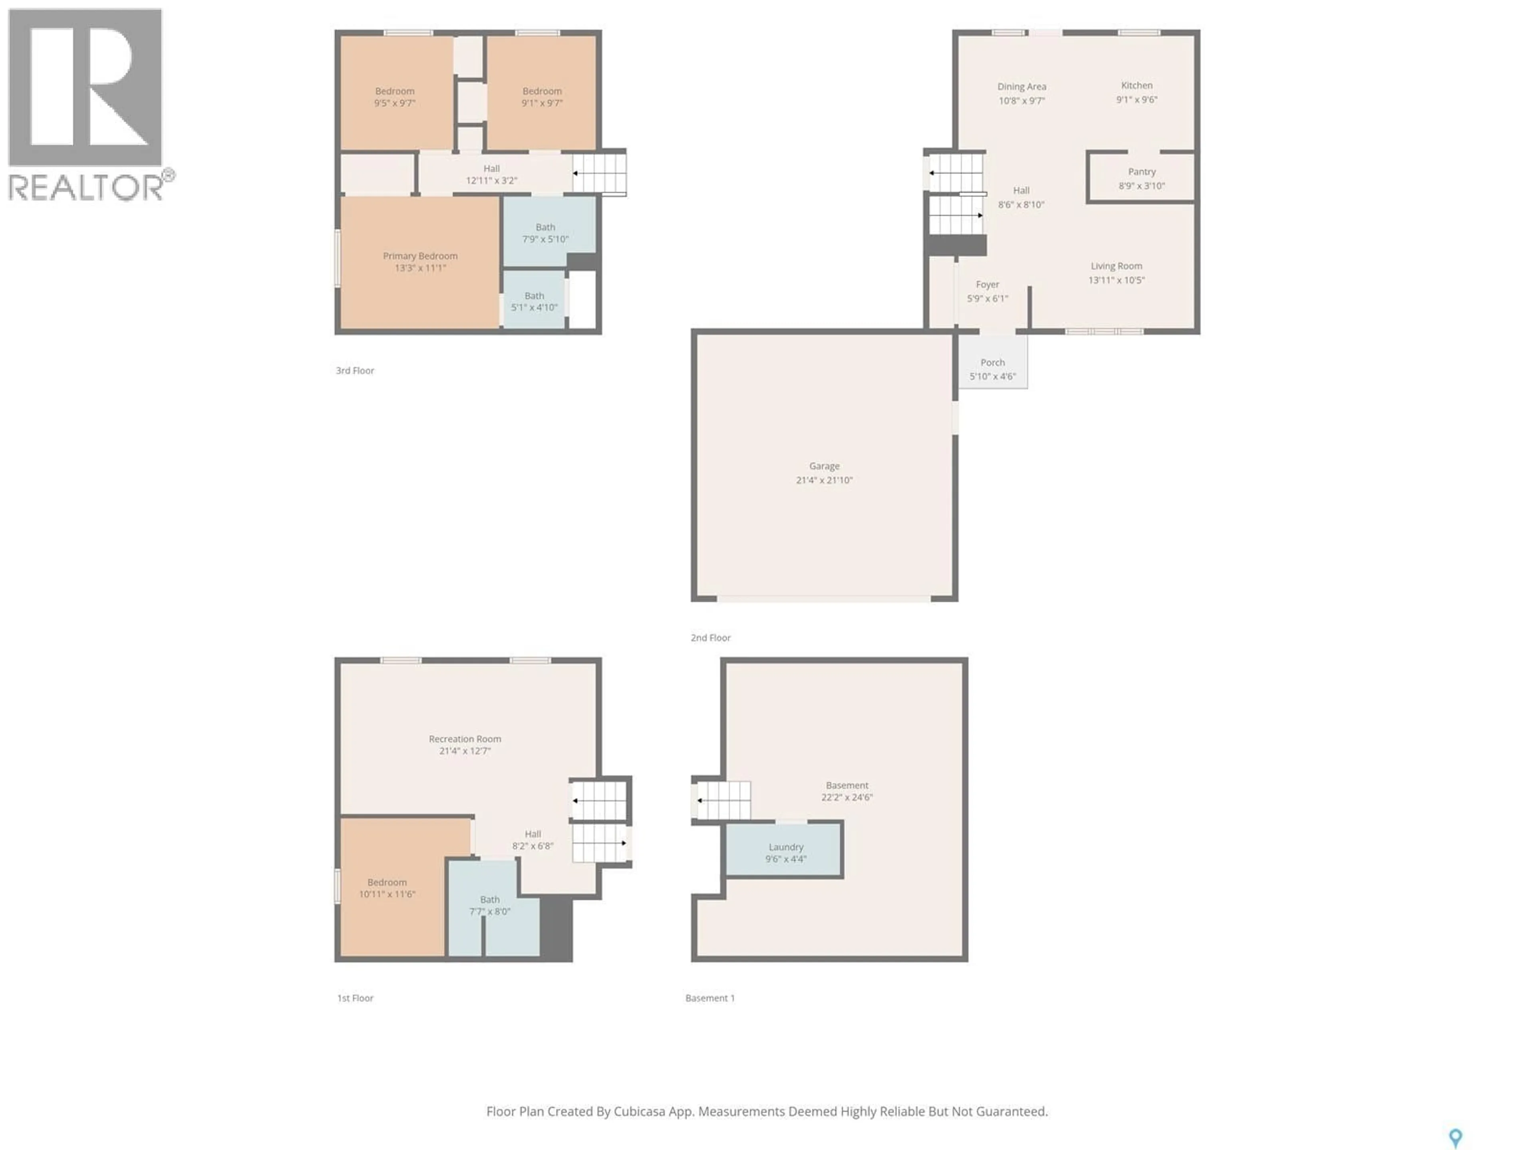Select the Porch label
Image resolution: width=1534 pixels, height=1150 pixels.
(x=992, y=363)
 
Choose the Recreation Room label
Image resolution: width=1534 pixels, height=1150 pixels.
(x=465, y=739)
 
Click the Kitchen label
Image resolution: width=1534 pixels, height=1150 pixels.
(x=1137, y=86)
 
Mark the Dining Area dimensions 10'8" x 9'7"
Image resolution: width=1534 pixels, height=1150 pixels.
(x=1021, y=101)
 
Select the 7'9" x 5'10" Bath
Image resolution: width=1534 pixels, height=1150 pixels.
(x=546, y=233)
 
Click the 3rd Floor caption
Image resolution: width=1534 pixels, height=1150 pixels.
(x=355, y=371)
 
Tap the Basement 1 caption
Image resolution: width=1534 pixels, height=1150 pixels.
(x=709, y=998)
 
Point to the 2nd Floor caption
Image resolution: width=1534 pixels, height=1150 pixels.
(x=710, y=638)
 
